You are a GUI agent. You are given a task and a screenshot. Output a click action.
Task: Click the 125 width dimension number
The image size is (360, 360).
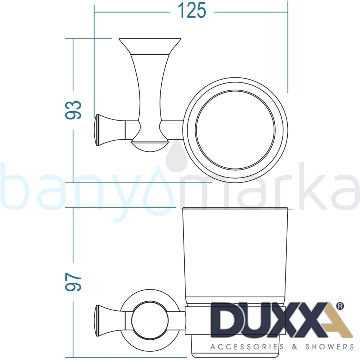[192, 10]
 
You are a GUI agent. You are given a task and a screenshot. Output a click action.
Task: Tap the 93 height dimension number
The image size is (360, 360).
[73, 110]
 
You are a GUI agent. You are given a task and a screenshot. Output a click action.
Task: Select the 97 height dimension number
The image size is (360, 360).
[73, 282]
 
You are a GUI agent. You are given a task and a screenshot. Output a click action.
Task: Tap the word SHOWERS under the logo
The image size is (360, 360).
[329, 347]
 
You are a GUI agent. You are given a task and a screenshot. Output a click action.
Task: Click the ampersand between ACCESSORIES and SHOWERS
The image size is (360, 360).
[294, 347]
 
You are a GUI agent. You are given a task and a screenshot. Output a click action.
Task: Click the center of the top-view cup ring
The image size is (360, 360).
[235, 130]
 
